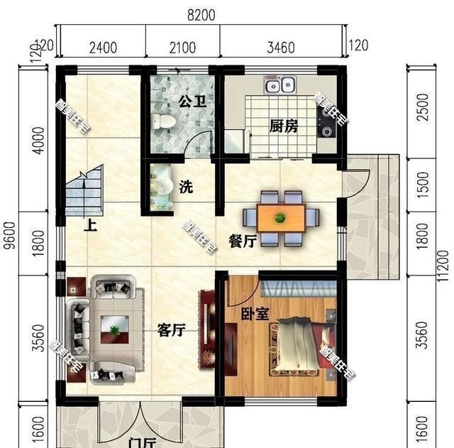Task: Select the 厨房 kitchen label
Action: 284,126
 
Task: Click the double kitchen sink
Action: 279,87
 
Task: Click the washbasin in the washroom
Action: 163,187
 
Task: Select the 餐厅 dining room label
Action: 242,241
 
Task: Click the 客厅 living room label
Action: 171,329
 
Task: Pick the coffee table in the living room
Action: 113,329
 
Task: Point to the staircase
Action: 85,191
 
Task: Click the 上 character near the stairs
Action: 90,226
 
